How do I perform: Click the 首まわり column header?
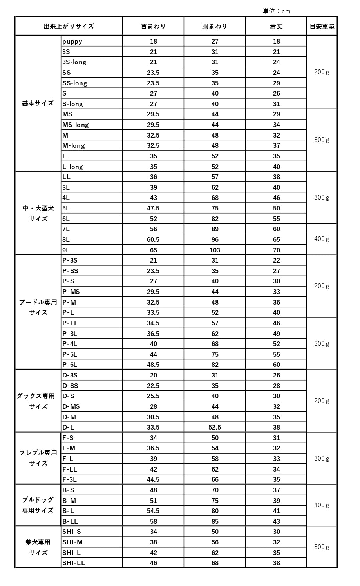[153, 27]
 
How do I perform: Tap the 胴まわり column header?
[215, 27]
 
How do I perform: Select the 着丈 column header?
[276, 27]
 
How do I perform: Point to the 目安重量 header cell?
[322, 27]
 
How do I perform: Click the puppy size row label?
[72, 41]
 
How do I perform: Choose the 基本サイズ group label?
[38, 103]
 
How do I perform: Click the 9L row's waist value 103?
[215, 250]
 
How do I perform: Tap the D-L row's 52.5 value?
[215, 427]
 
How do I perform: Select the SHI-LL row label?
[74, 563]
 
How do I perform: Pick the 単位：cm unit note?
[277, 11]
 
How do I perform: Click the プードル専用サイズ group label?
[38, 307]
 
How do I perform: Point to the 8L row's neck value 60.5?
[153, 239]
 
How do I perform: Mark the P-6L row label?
[70, 365]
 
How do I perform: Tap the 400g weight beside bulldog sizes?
[322, 505]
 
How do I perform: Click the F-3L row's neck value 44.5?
[153, 479]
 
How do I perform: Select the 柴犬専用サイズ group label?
[38, 547]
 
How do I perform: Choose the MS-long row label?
[76, 125]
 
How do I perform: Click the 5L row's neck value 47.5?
[153, 208]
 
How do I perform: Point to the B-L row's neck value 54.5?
[153, 511]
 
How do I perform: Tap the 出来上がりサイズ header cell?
[69, 27]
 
